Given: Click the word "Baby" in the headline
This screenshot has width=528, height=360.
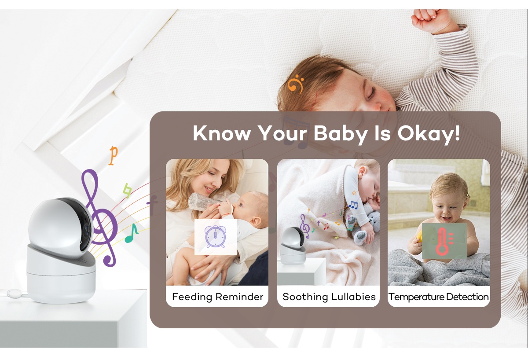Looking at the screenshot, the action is click(x=341, y=134).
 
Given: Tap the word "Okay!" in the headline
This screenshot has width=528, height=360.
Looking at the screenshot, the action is click(x=429, y=133).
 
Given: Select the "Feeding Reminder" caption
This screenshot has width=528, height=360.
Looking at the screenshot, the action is click(x=217, y=297).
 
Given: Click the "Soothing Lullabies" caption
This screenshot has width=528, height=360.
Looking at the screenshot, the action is click(x=329, y=297).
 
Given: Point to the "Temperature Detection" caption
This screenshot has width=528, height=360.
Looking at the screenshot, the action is click(x=438, y=297).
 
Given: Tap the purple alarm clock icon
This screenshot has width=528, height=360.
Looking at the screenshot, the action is click(x=216, y=237).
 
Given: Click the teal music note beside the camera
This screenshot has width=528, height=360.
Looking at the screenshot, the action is click(x=131, y=233).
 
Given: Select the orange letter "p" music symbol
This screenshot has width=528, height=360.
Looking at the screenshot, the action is click(x=113, y=155).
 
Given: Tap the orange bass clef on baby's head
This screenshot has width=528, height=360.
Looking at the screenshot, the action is click(x=295, y=84).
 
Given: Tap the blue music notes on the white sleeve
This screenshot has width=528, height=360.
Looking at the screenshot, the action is click(x=353, y=205).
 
